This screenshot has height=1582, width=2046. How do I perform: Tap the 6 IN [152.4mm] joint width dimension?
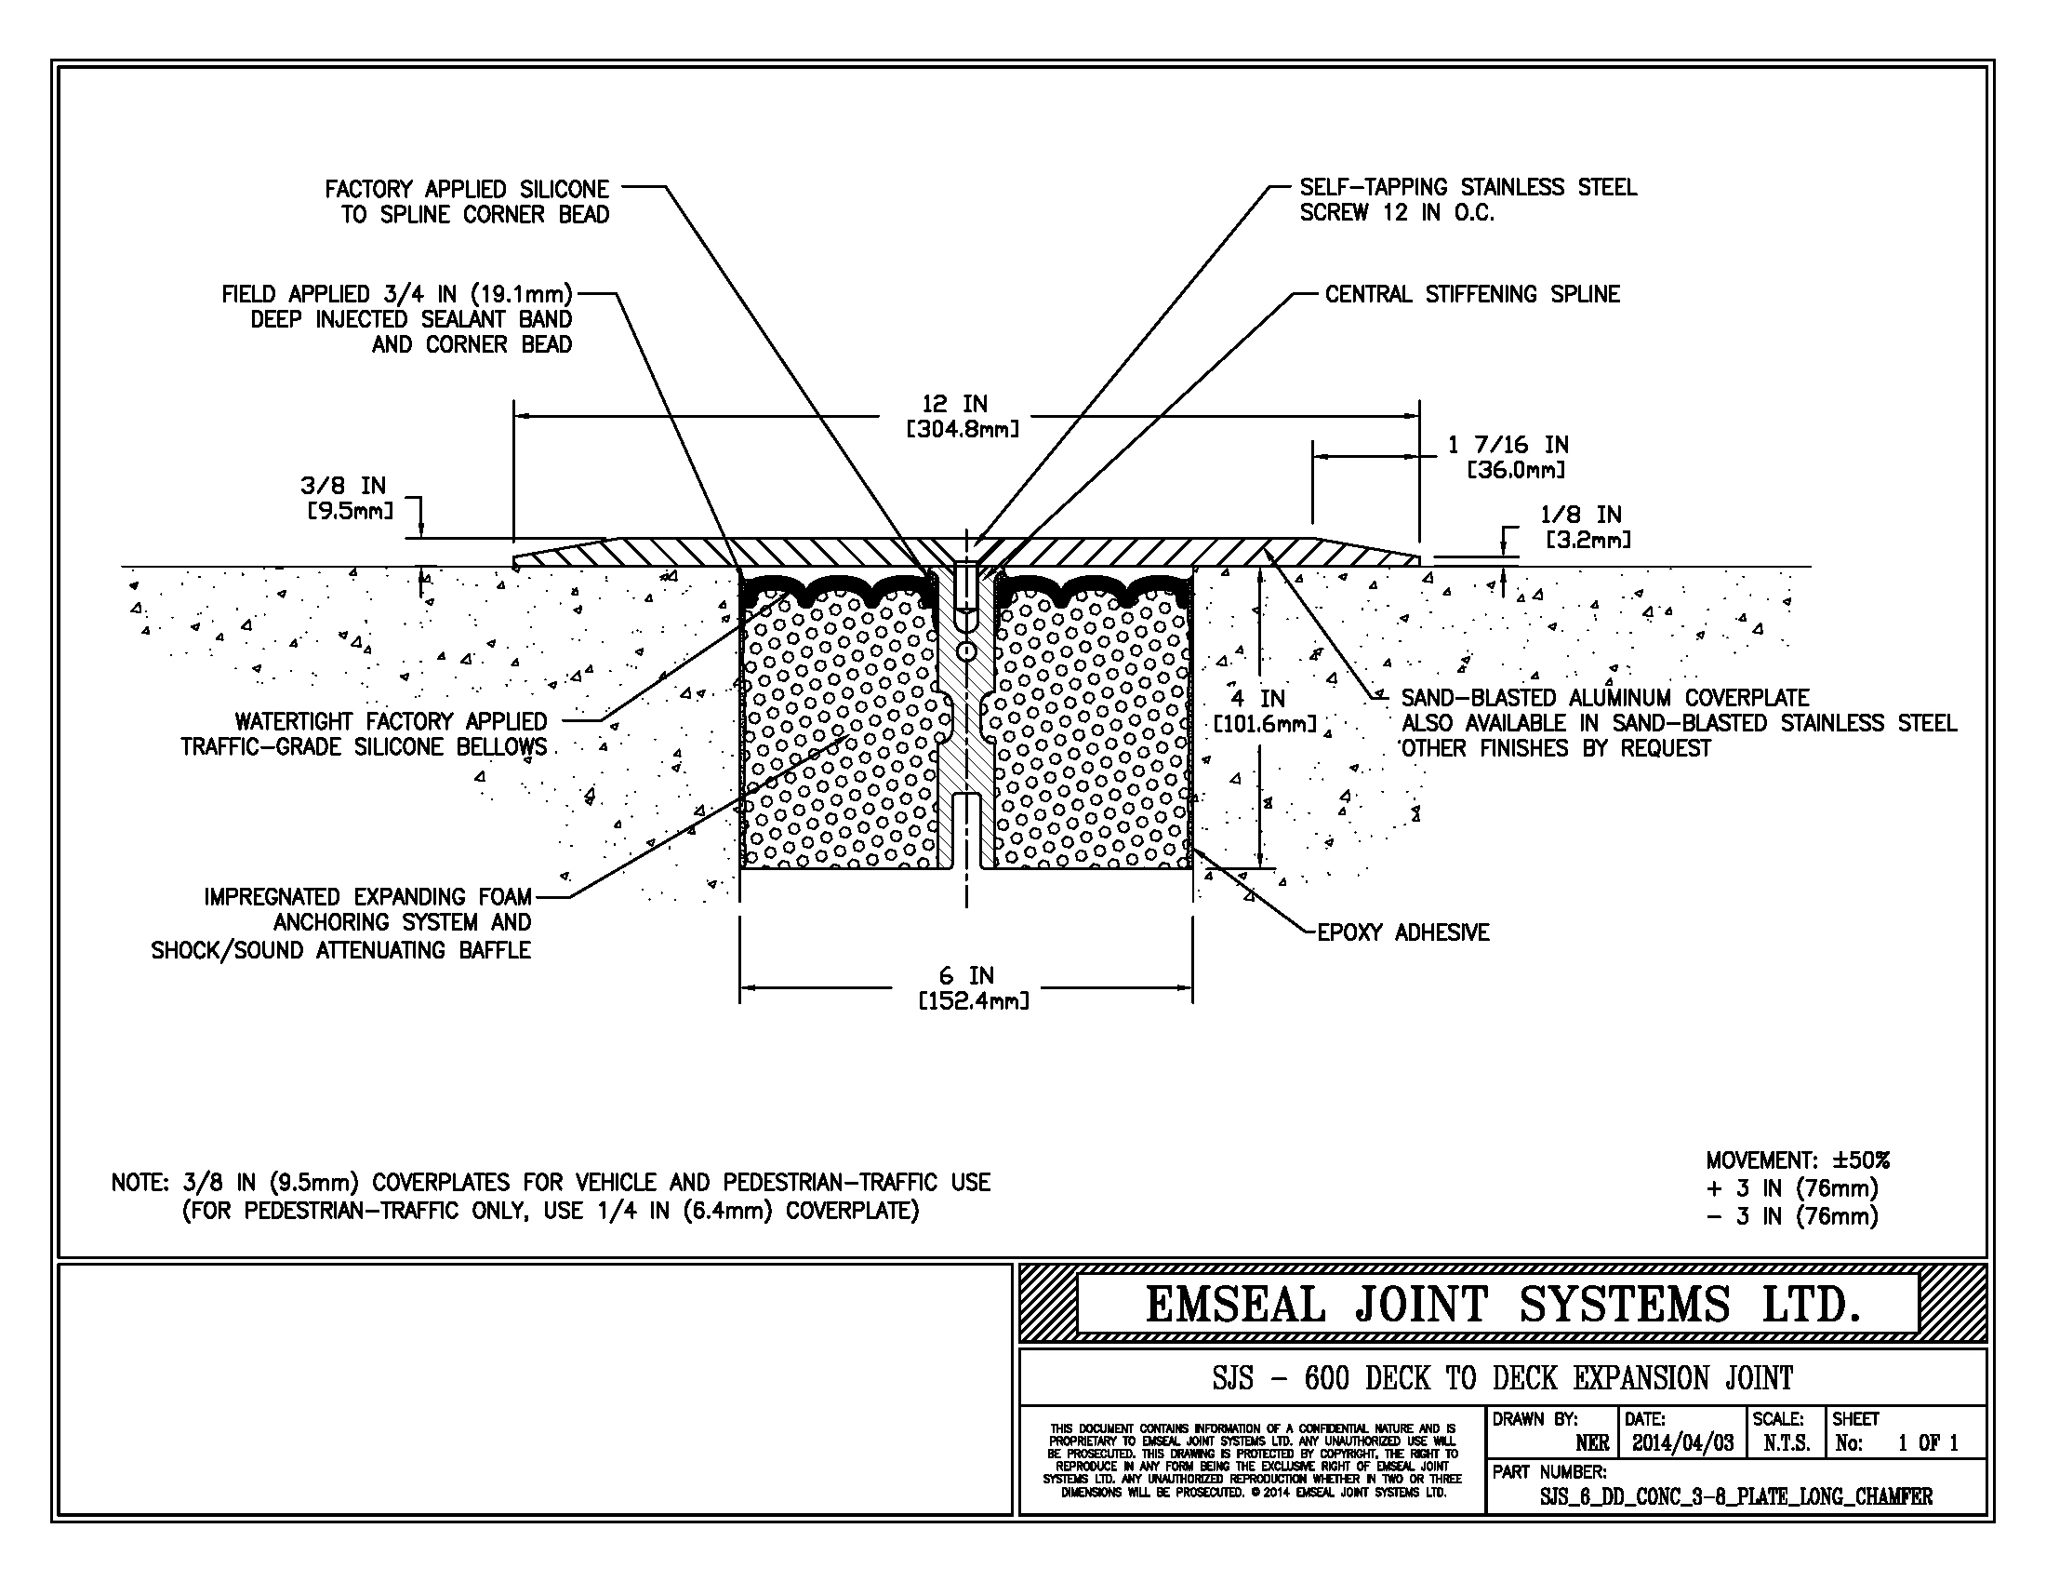[974, 987]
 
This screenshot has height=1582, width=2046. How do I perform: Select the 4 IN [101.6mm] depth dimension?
[1265, 711]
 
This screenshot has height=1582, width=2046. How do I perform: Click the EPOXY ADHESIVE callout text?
[1403, 932]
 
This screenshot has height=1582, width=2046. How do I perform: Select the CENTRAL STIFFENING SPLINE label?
[1472, 294]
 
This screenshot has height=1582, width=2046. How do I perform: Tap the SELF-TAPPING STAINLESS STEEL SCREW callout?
[1468, 200]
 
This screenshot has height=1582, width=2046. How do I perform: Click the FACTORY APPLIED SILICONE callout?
[468, 202]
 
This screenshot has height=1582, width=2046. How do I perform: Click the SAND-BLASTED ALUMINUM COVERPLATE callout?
[1679, 722]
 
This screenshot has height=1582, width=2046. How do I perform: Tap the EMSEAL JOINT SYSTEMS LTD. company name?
[1503, 1305]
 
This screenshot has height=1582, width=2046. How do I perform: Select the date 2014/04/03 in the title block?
[1682, 1443]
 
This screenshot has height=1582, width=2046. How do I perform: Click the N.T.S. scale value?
[1786, 1443]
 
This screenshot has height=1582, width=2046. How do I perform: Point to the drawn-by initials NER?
[1591, 1443]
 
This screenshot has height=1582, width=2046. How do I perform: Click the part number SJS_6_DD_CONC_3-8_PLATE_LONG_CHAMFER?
[1736, 1496]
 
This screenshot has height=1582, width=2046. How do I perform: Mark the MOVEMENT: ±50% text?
[1798, 1160]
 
